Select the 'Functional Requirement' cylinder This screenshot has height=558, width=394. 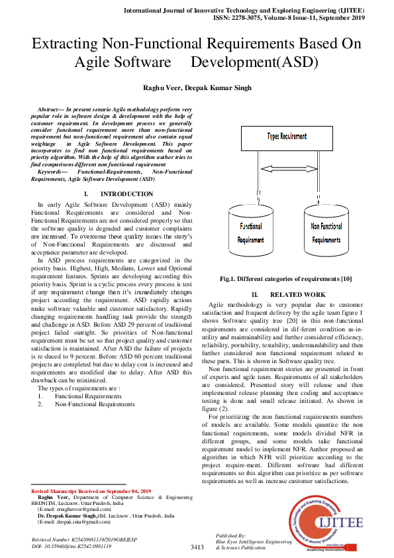pyautogui.click(x=250, y=233)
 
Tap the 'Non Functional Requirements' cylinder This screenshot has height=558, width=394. pyautogui.click(x=326, y=233)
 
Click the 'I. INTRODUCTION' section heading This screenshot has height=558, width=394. pyautogui.click(x=118, y=194)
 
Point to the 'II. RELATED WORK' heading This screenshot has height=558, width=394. pyautogui.click(x=288, y=294)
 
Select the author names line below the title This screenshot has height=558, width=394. pyautogui.click(x=197, y=87)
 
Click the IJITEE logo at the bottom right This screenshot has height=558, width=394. pyautogui.click(x=324, y=523)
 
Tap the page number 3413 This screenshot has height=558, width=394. pyautogui.click(x=197, y=547)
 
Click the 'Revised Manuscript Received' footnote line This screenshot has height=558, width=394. pyautogui.click(x=91, y=490)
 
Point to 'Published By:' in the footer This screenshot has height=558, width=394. pyautogui.click(x=231, y=534)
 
